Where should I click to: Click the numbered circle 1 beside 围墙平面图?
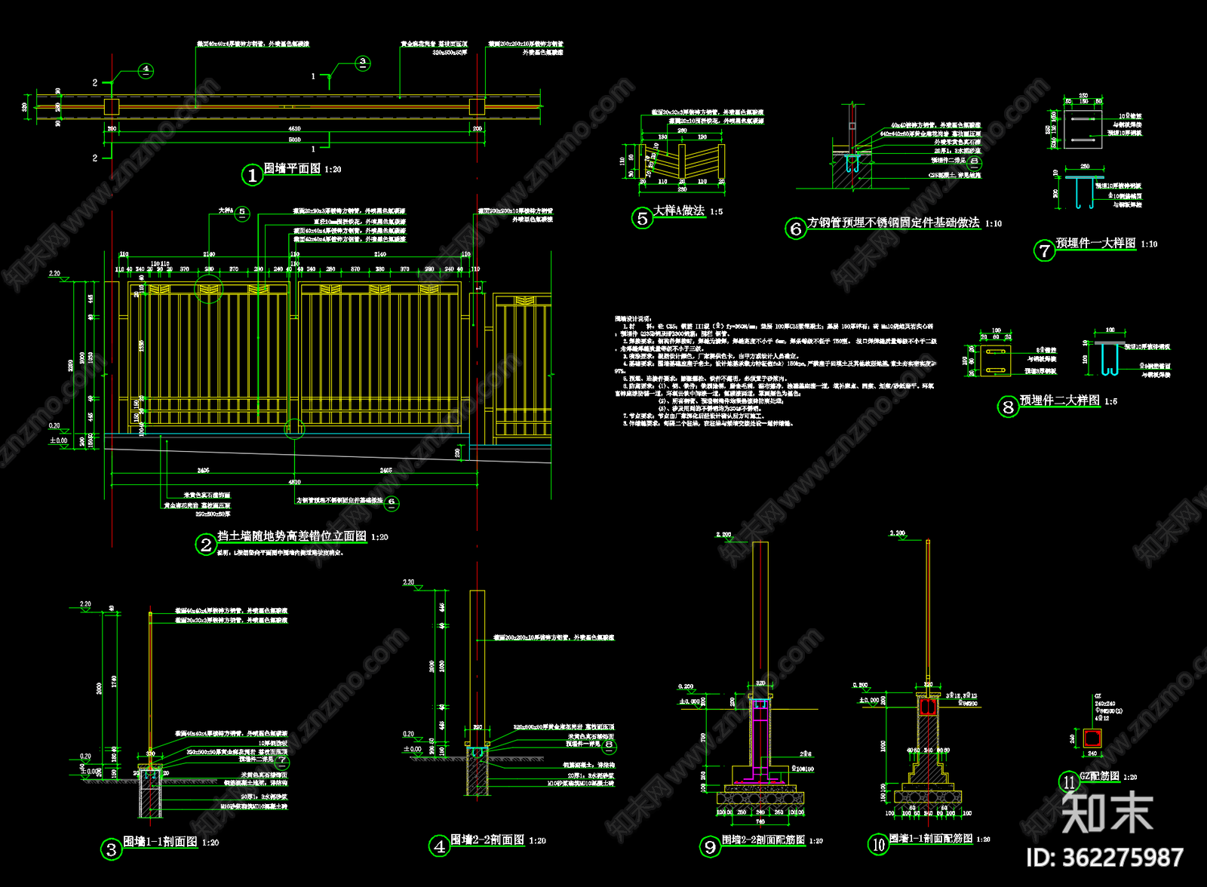[251, 175]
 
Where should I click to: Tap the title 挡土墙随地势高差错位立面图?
[292, 536]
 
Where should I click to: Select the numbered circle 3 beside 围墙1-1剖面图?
[111, 849]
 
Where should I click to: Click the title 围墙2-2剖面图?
[487, 839]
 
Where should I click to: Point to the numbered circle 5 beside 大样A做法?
[642, 218]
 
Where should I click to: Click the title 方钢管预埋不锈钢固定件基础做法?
[893, 223]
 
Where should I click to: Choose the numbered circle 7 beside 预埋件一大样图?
[1044, 250]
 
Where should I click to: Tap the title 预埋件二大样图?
[1059, 401]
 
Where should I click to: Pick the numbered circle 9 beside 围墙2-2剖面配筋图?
[710, 847]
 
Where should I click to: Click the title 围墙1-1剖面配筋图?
[930, 839]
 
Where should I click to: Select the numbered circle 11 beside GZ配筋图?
[1069, 782]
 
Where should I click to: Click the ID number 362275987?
[1105, 858]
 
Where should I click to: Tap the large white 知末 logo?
[1107, 812]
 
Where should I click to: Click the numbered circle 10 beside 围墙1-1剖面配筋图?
[878, 845]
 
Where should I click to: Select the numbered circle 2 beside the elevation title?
[206, 544]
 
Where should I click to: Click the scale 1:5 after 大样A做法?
[716, 212]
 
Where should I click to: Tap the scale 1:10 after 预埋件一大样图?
[1149, 244]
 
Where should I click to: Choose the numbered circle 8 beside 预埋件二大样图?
[1008, 407]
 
